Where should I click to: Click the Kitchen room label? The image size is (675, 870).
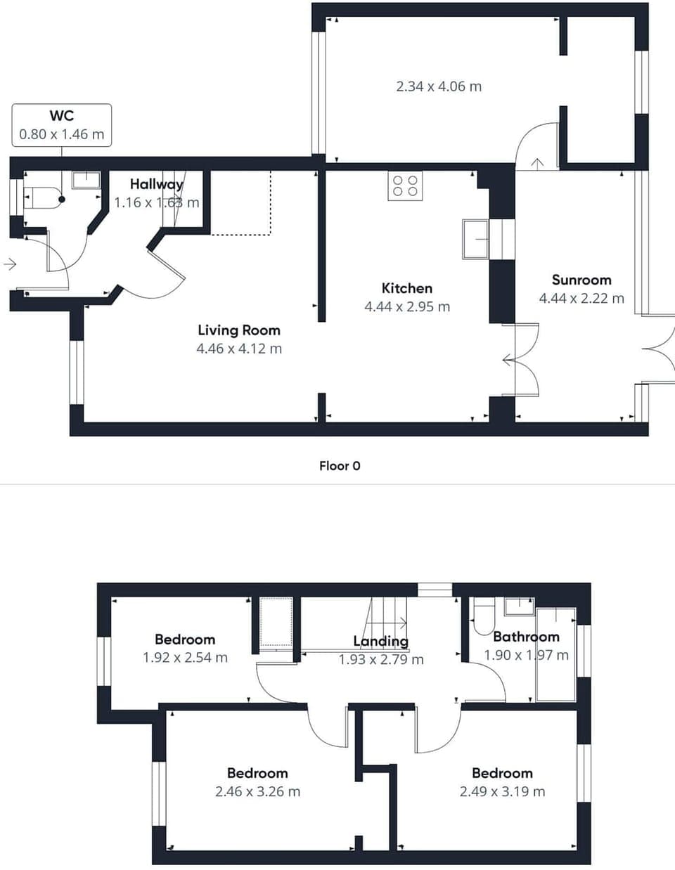tap(406, 288)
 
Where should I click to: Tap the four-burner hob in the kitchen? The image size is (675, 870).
tap(405, 186)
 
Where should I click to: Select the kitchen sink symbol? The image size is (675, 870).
tap(476, 239)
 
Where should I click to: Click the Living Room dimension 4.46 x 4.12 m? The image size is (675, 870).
tap(239, 349)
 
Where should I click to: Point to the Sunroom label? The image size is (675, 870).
tap(581, 280)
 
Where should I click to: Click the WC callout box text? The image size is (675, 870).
tap(61, 125)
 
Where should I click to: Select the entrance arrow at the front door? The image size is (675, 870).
tap(10, 264)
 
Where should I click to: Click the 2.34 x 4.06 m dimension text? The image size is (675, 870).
tap(439, 86)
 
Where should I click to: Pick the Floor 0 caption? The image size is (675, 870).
tap(340, 466)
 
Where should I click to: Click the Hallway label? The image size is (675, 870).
tap(156, 184)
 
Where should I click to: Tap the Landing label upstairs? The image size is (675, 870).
tap(380, 641)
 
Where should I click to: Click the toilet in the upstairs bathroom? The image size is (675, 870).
tap(483, 617)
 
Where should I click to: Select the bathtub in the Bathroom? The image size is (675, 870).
tap(555, 654)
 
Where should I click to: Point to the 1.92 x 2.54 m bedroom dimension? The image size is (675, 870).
tap(185, 658)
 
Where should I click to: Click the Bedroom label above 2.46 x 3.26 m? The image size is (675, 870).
tap(257, 773)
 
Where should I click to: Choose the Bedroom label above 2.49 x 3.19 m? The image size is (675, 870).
tap(502, 773)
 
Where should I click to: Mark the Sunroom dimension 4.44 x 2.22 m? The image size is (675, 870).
tap(581, 298)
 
